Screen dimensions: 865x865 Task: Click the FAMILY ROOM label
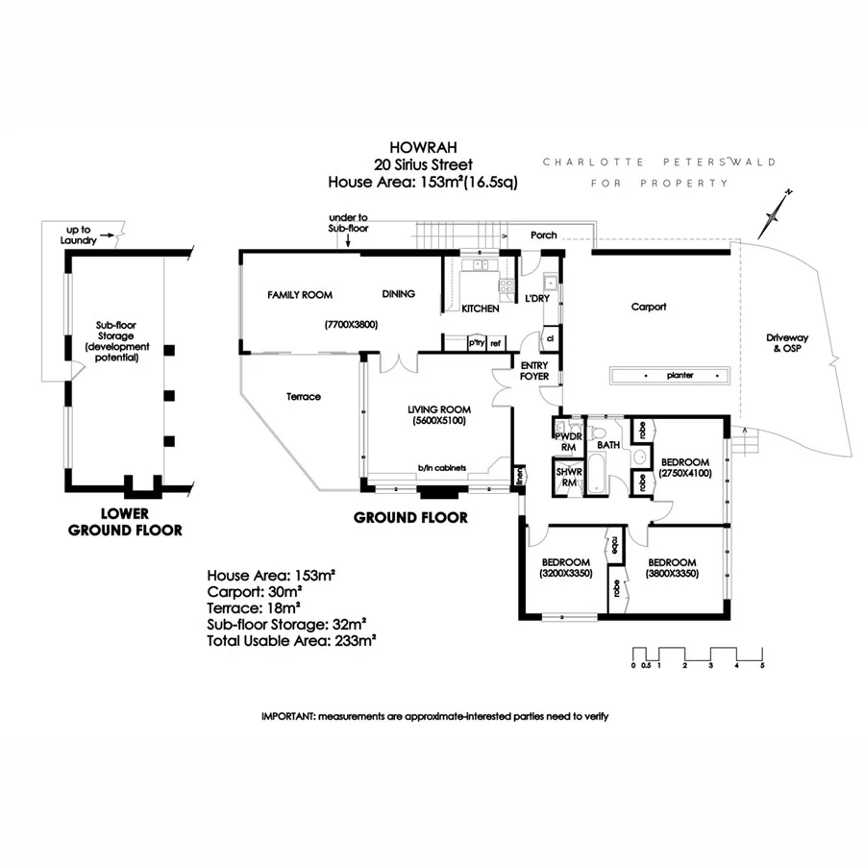point(300,295)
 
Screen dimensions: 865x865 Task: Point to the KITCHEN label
point(481,309)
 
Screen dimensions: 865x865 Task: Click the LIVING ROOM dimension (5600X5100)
point(437,420)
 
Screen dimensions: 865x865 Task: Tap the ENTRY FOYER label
point(534,371)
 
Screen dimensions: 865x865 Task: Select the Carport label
point(648,308)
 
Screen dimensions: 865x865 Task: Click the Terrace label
point(304,397)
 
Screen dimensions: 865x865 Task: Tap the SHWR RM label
point(567,477)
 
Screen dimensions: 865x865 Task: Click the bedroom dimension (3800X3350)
point(672,574)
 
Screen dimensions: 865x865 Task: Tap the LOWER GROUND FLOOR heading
point(125,521)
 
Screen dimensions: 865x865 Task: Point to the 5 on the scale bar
point(762,664)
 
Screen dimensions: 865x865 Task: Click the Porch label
point(544,235)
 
